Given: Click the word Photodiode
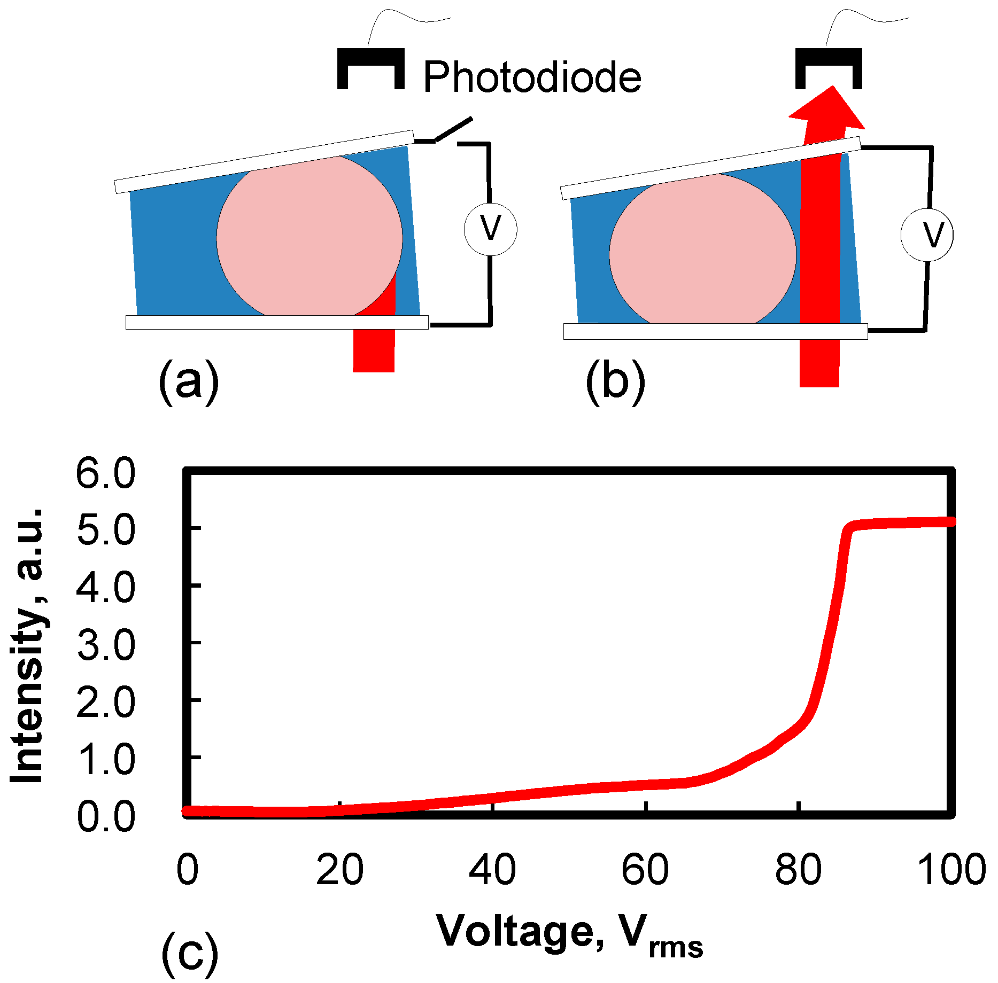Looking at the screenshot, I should [x=532, y=78].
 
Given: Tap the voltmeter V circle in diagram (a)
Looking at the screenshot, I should [x=490, y=230].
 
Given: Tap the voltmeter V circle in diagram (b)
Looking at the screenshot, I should [x=927, y=234].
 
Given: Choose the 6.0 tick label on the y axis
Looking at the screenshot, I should [x=106, y=473].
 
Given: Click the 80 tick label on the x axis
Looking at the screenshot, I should [x=798, y=869].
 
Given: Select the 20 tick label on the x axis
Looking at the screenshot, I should [x=339, y=869].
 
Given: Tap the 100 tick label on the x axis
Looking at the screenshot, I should [x=951, y=869].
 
